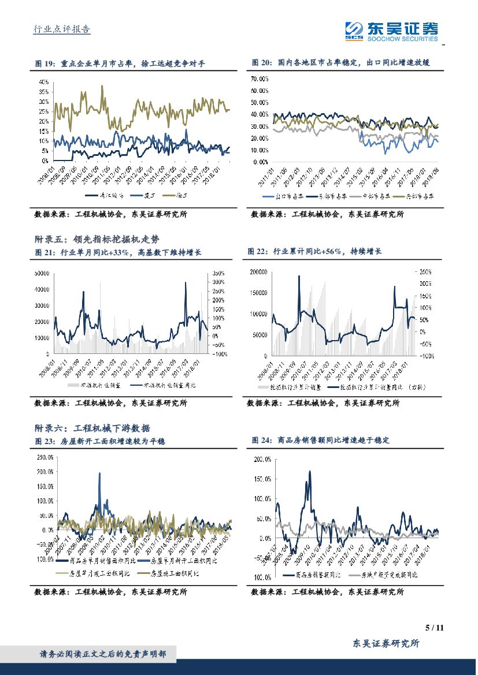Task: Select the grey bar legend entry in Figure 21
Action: coord(90,385)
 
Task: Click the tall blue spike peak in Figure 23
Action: coord(99,473)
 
